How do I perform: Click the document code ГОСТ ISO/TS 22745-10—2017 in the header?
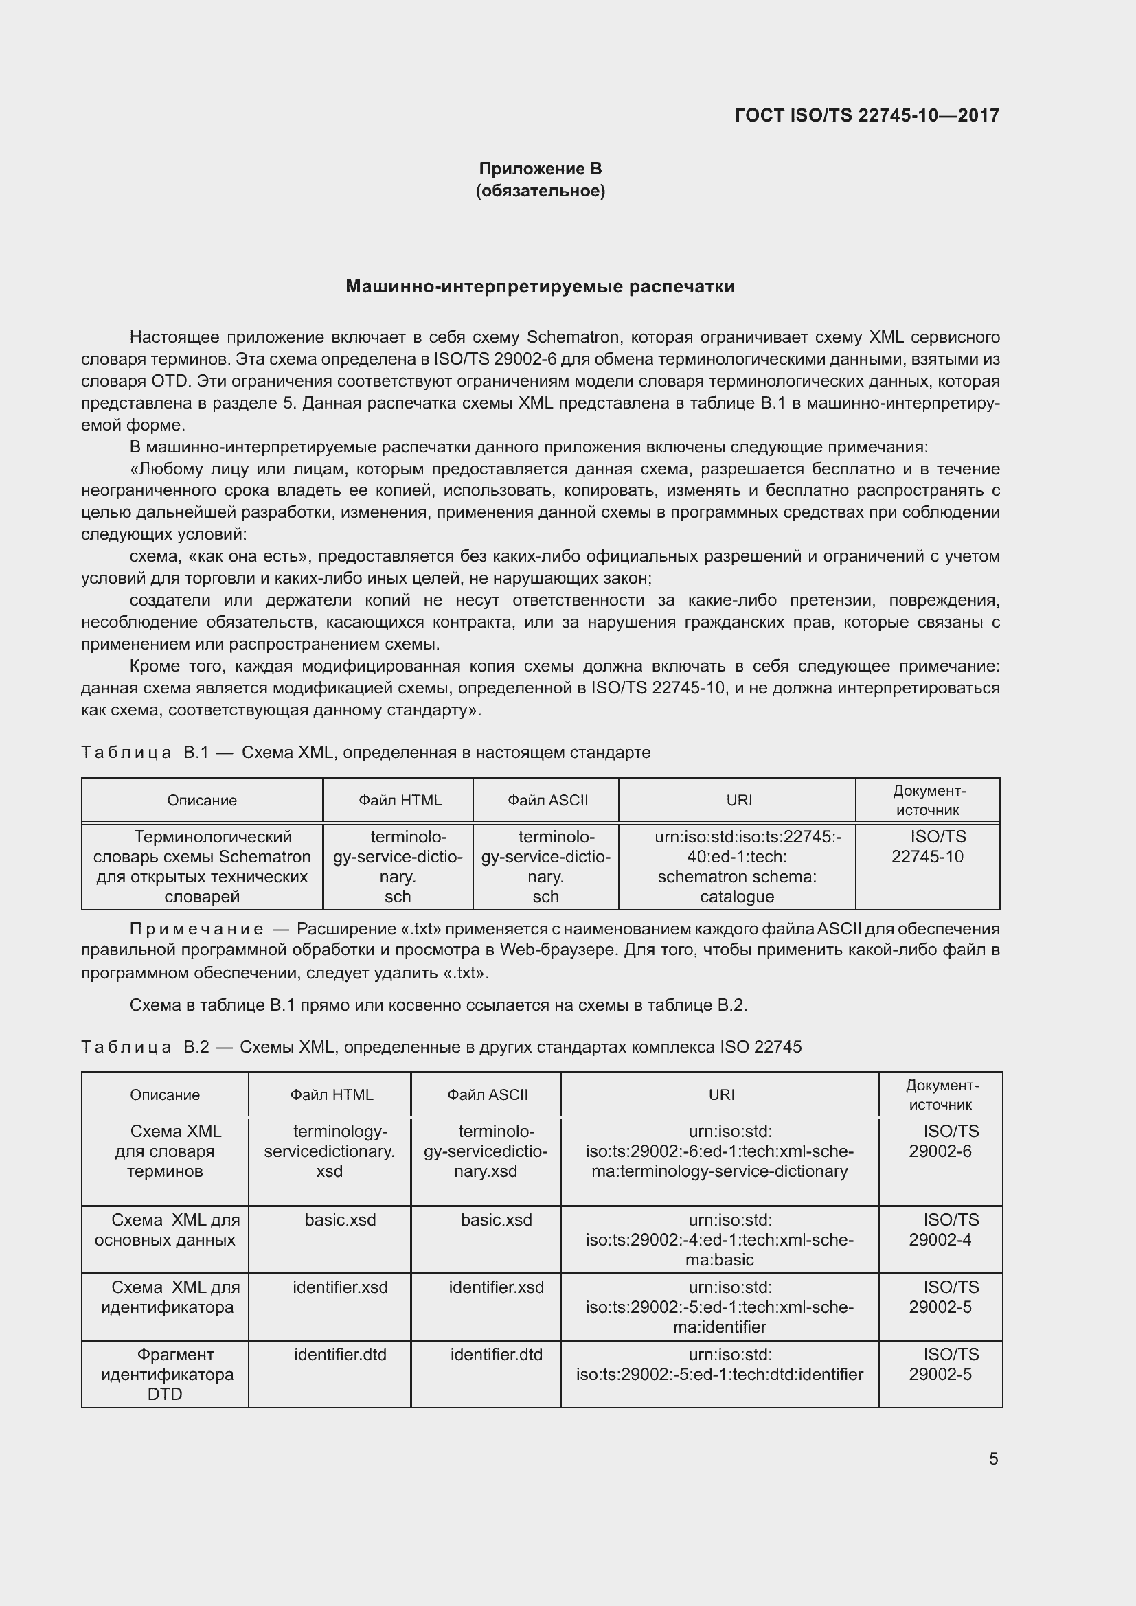click(867, 115)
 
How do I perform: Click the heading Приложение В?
click(540, 169)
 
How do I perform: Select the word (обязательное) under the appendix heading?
click(540, 191)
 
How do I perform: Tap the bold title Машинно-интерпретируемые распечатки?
click(540, 287)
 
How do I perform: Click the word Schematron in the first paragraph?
click(573, 337)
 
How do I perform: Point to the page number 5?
click(993, 1458)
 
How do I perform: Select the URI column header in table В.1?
click(739, 800)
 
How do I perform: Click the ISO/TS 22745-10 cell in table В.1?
click(927, 847)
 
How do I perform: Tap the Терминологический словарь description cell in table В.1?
click(202, 867)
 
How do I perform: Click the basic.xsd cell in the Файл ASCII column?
click(496, 1220)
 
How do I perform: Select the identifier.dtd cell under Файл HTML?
click(340, 1354)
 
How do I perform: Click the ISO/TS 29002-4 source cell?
click(941, 1230)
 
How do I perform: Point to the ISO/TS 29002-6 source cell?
click(941, 1142)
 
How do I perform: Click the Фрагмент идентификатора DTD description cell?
click(166, 1374)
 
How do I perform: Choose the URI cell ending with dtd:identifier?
click(720, 1364)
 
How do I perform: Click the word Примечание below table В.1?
click(196, 929)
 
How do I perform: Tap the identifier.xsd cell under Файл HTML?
click(340, 1287)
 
